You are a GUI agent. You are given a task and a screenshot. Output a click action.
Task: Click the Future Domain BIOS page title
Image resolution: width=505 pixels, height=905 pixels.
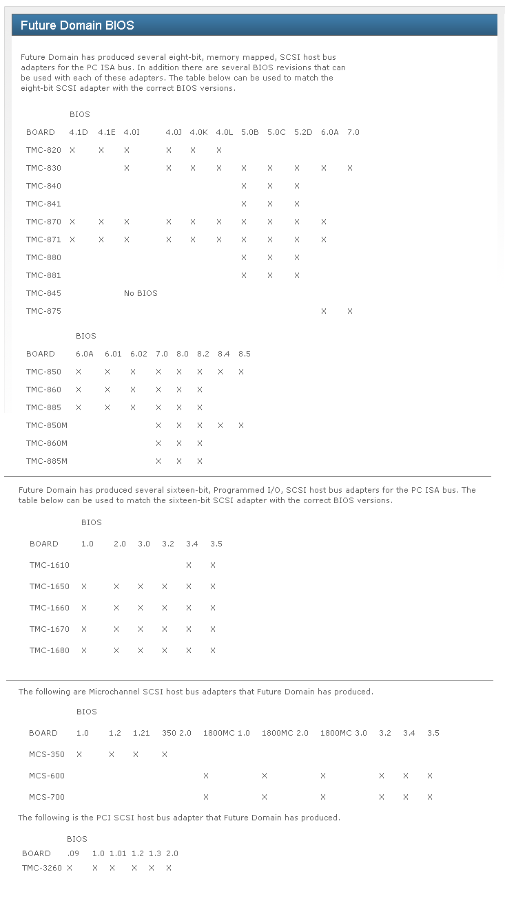click(x=77, y=25)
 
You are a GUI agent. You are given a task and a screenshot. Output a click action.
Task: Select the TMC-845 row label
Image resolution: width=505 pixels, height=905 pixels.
click(x=43, y=293)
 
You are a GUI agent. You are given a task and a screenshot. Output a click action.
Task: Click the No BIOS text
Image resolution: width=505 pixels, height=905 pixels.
click(x=141, y=293)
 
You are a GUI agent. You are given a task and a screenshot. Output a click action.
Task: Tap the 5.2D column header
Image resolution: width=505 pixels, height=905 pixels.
click(x=303, y=132)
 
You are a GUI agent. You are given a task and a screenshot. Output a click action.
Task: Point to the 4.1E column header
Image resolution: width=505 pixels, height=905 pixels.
click(x=107, y=132)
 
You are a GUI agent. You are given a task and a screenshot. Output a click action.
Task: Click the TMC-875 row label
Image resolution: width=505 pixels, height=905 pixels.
click(x=43, y=311)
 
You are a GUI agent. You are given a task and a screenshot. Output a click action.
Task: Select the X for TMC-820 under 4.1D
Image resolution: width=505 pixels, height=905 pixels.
click(x=72, y=150)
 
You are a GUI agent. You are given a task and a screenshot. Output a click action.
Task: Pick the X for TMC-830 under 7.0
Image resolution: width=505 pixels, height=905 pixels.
click(x=350, y=168)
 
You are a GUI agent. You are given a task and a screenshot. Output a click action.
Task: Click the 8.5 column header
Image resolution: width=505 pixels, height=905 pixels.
click(x=245, y=354)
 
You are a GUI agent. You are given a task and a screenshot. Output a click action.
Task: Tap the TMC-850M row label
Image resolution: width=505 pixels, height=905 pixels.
click(x=47, y=425)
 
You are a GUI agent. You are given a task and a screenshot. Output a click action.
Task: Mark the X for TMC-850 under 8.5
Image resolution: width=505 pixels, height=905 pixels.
click(x=241, y=372)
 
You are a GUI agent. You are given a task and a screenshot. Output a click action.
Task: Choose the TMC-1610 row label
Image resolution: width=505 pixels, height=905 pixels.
click(x=50, y=565)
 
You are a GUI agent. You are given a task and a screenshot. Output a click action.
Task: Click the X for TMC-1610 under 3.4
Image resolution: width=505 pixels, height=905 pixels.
click(x=189, y=565)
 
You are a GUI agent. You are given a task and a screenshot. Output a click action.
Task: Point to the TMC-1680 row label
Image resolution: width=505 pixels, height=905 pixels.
click(x=50, y=650)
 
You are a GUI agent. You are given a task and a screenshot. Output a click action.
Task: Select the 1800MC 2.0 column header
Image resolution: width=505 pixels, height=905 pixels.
click(x=285, y=733)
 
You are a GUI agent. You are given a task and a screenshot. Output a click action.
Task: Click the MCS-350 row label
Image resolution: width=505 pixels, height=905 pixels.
click(x=47, y=754)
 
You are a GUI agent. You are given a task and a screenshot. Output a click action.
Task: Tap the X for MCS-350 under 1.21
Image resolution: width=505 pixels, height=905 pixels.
click(x=136, y=754)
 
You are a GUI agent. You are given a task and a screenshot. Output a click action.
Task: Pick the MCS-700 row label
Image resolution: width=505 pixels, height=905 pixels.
click(x=47, y=797)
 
